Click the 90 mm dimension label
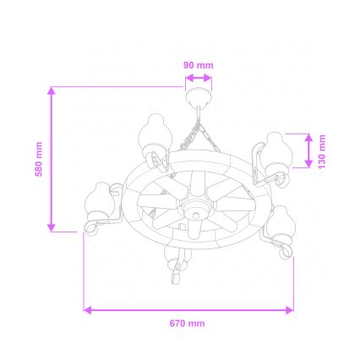[199, 65]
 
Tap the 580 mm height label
[37, 158]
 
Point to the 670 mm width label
[188, 324]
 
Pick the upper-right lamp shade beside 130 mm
[274, 150]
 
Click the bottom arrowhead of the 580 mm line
[52, 228]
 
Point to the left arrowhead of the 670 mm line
[86, 310]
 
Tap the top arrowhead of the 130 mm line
[309, 135]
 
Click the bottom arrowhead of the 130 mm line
[309, 166]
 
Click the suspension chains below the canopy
[199, 131]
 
